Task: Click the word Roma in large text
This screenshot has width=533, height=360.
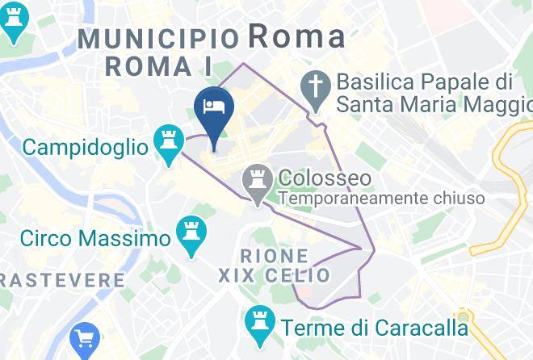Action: pyautogui.click(x=296, y=36)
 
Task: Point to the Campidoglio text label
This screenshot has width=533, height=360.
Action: pyautogui.click(x=86, y=147)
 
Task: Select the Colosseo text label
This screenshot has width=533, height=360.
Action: pyautogui.click(x=325, y=178)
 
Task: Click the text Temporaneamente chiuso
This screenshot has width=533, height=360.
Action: pyautogui.click(x=382, y=198)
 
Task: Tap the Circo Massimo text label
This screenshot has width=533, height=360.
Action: pyautogui.click(x=95, y=238)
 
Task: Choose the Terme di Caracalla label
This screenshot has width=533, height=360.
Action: pyautogui.click(x=374, y=328)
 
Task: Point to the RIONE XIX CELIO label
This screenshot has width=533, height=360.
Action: pyautogui.click(x=275, y=266)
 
